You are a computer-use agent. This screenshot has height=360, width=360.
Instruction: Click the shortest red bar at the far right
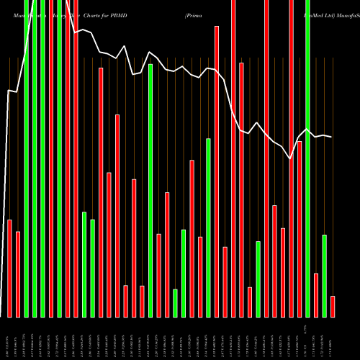pyautogui.click(x=333, y=306)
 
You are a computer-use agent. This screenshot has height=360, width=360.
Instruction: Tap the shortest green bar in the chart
pyautogui.click(x=175, y=302)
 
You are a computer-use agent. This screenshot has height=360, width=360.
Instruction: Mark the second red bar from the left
pyautogui.click(x=18, y=274)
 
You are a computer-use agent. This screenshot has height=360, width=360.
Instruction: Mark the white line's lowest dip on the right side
pyautogui.click(x=291, y=159)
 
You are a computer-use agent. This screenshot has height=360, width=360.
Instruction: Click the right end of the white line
pyautogui.click(x=331, y=137)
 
